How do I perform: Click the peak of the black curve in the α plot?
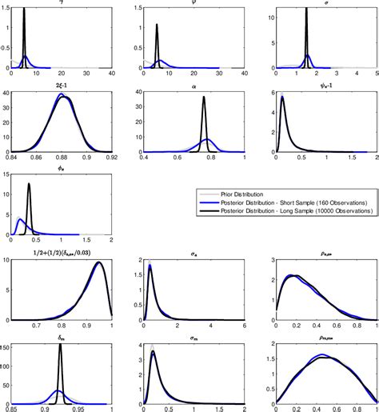click(204, 98)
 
